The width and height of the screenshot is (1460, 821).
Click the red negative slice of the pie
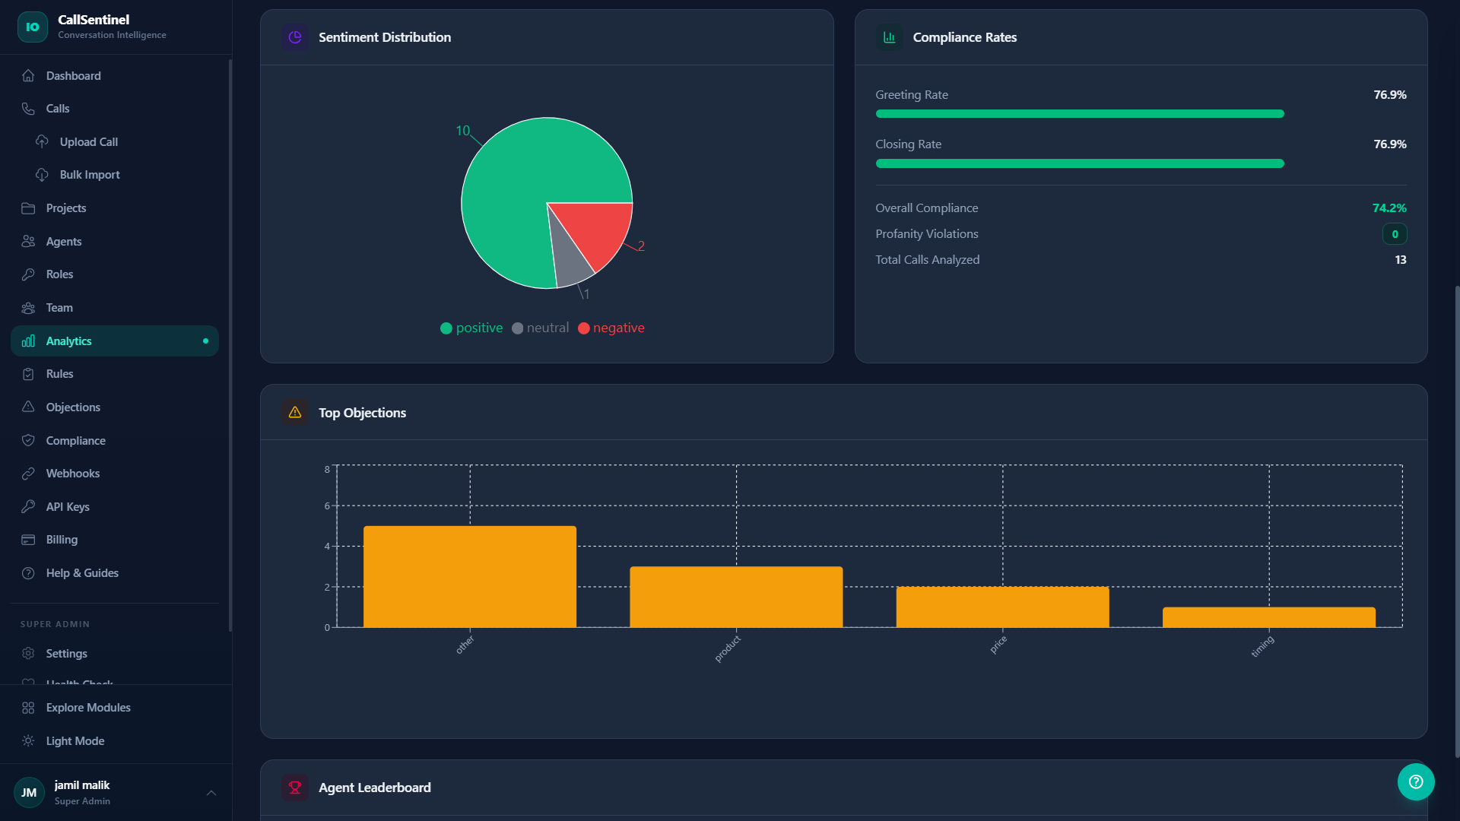click(x=601, y=228)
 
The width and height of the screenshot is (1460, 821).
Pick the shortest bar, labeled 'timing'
click(x=1268, y=617)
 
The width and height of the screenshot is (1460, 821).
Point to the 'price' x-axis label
click(x=998, y=645)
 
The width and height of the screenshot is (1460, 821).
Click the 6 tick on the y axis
click(x=327, y=506)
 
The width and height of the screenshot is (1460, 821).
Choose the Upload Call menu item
click(x=88, y=142)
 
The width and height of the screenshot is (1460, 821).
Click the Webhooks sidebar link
click(x=72, y=474)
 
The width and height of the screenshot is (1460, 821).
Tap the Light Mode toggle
click(x=75, y=741)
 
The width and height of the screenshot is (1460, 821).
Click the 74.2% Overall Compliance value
click(x=1389, y=208)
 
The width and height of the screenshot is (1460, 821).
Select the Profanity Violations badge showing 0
click(x=1394, y=234)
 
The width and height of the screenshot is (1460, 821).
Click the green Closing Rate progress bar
click(x=1079, y=163)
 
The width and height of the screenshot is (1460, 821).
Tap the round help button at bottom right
click(x=1415, y=781)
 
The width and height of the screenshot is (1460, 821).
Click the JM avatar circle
click(x=29, y=793)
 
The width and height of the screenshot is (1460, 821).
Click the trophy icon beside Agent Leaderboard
click(x=295, y=788)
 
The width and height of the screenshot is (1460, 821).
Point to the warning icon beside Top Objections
click(x=295, y=413)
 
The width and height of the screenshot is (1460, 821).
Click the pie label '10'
click(x=462, y=131)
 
